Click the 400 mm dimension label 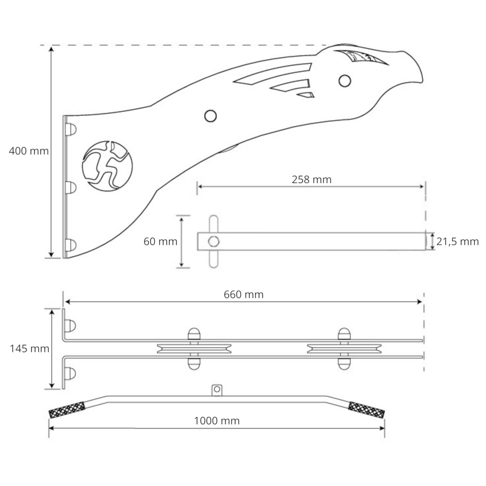pyautogui.click(x=29, y=151)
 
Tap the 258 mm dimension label pyautogui.click(x=311, y=180)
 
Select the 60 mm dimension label pyautogui.click(x=160, y=241)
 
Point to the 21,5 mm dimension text pyautogui.click(x=457, y=241)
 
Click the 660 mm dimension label pyautogui.click(x=244, y=294)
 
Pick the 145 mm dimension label pyautogui.click(x=29, y=349)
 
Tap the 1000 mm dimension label pyautogui.click(x=217, y=421)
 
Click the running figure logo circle pyautogui.click(x=107, y=166)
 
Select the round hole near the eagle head pyautogui.click(x=345, y=81)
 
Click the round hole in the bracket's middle pyautogui.click(x=210, y=116)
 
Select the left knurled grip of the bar pyautogui.click(x=67, y=410)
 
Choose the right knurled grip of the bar pyautogui.click(x=366, y=410)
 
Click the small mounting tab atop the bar pyautogui.click(x=217, y=390)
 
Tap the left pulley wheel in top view pyautogui.click(x=194, y=349)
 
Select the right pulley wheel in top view pyautogui.click(x=344, y=349)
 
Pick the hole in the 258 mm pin pyautogui.click(x=214, y=241)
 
